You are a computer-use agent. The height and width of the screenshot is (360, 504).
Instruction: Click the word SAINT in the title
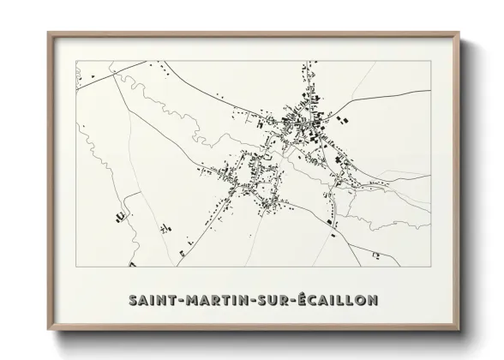150,301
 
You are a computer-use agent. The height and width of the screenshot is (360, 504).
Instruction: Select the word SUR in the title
272,301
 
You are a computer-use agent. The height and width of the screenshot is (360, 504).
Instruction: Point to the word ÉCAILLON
338,301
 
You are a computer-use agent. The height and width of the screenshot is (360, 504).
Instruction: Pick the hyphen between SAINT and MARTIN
177,302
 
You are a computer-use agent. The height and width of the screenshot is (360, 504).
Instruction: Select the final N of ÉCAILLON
374,301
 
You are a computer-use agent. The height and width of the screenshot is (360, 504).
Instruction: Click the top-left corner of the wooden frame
48,33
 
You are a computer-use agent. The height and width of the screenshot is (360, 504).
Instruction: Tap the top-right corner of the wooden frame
458,33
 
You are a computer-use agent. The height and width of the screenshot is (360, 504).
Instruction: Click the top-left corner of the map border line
76,61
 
